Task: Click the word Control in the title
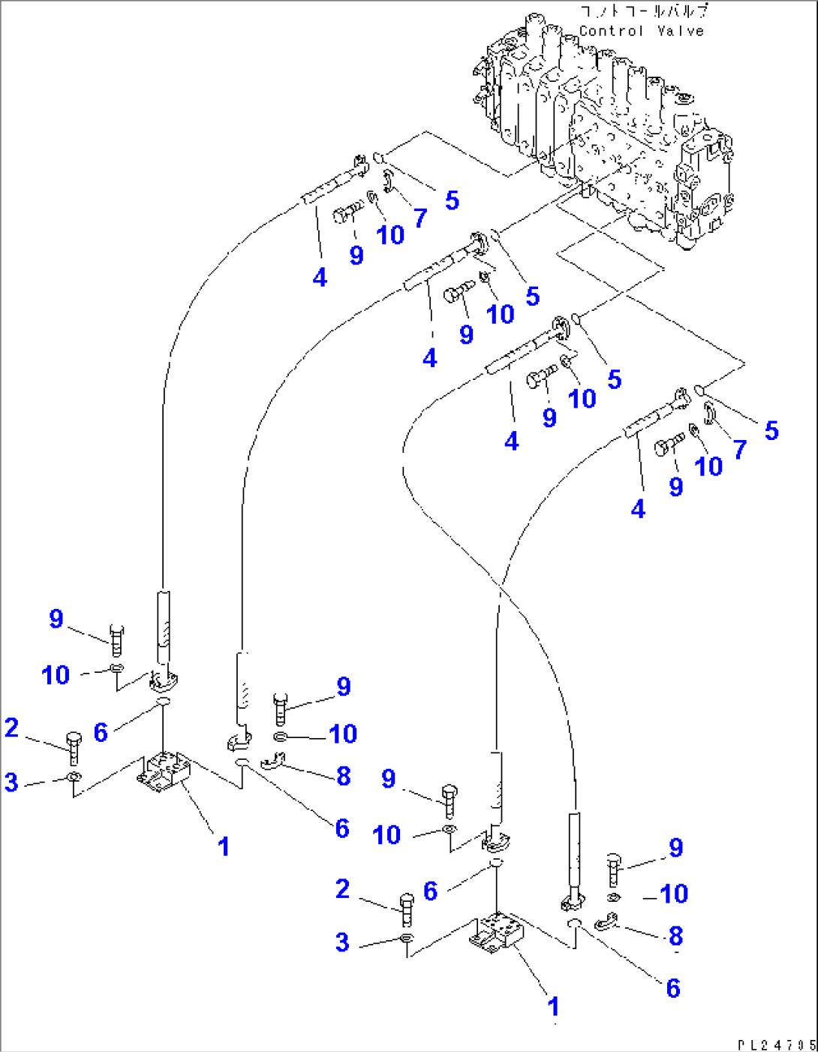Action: click(x=611, y=31)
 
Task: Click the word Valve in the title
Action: click(x=680, y=31)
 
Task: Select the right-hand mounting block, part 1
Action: click(x=495, y=931)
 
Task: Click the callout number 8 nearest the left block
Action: click(x=344, y=776)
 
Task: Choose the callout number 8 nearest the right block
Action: click(x=675, y=936)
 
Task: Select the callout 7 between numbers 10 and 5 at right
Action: click(x=739, y=449)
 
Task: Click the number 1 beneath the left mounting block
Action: click(x=223, y=846)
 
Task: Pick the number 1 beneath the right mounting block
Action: click(x=553, y=1006)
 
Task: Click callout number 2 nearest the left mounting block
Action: click(x=11, y=727)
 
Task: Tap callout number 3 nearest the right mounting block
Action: click(x=342, y=942)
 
